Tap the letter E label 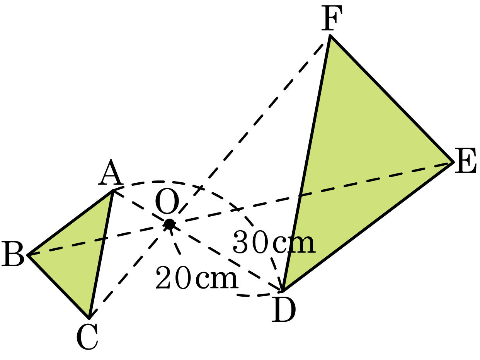pos(466,161)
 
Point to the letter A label pos(111,172)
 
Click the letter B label pos(13,254)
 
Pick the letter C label pos(87,337)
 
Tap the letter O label pos(167,201)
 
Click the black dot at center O pos(170,224)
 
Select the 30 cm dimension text pos(274,242)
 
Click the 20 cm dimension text pos(197,278)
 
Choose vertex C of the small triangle pos(89,318)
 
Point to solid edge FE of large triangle pos(392,99)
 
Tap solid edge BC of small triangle pos(58,286)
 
